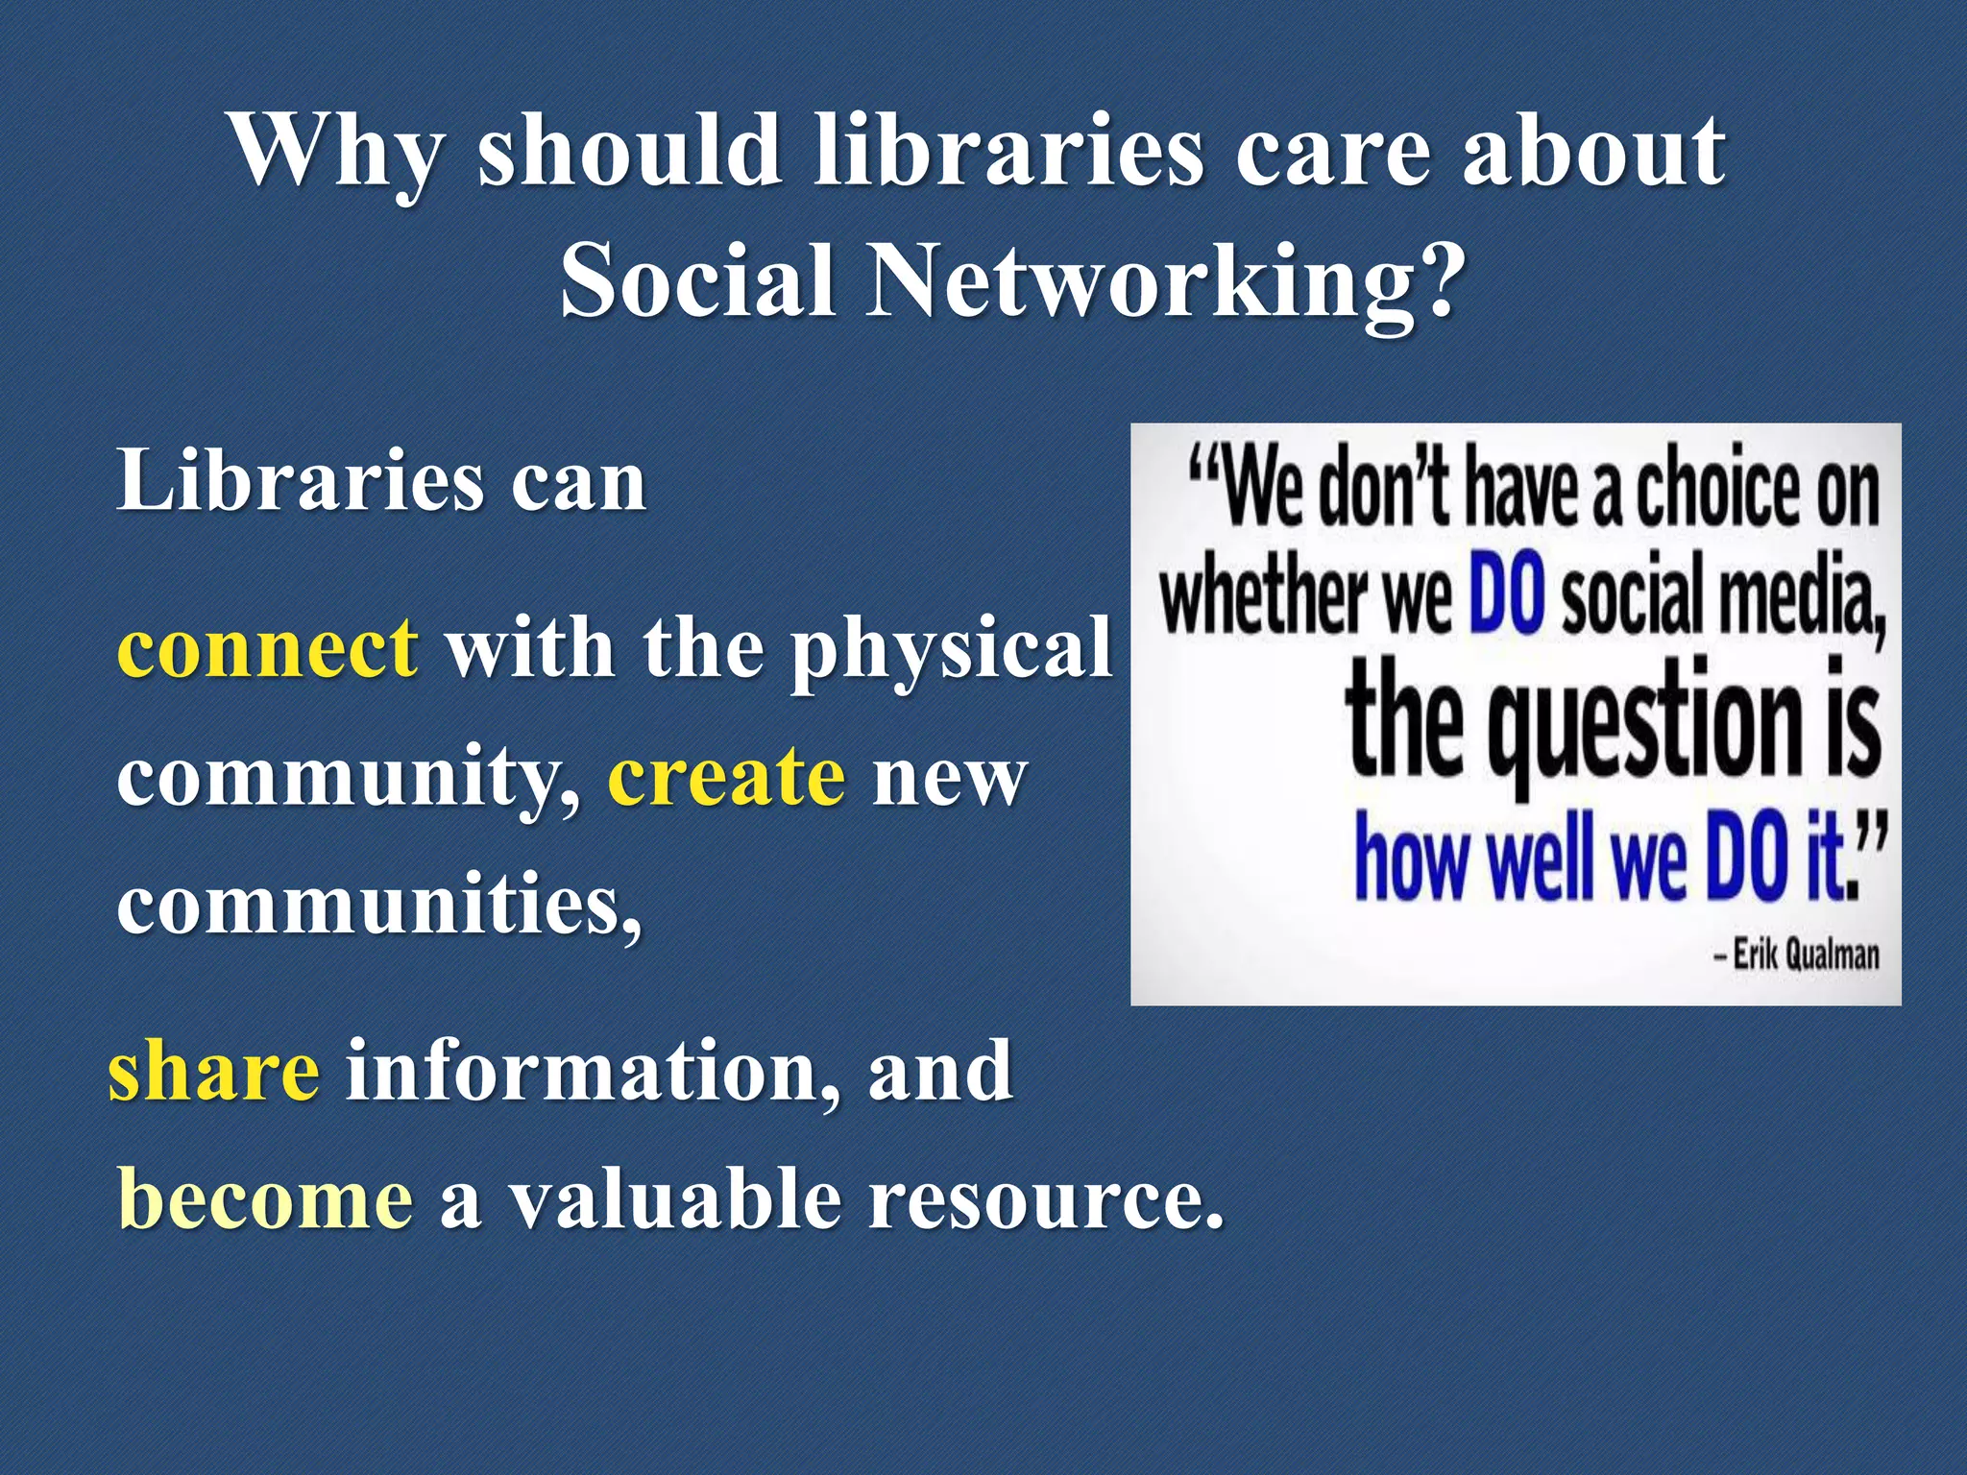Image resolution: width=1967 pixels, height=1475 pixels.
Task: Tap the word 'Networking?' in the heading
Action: click(x=1165, y=280)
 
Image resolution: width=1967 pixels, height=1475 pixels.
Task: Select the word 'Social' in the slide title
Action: click(x=697, y=280)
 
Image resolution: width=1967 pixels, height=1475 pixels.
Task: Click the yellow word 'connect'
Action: click(x=267, y=647)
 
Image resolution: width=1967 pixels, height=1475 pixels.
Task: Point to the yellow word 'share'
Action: click(x=213, y=1070)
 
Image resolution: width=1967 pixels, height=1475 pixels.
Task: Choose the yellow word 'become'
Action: click(x=265, y=1200)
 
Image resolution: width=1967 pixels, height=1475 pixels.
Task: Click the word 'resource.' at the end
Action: click(x=1047, y=1200)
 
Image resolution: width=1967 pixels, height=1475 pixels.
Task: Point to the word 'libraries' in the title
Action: click(x=1008, y=152)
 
